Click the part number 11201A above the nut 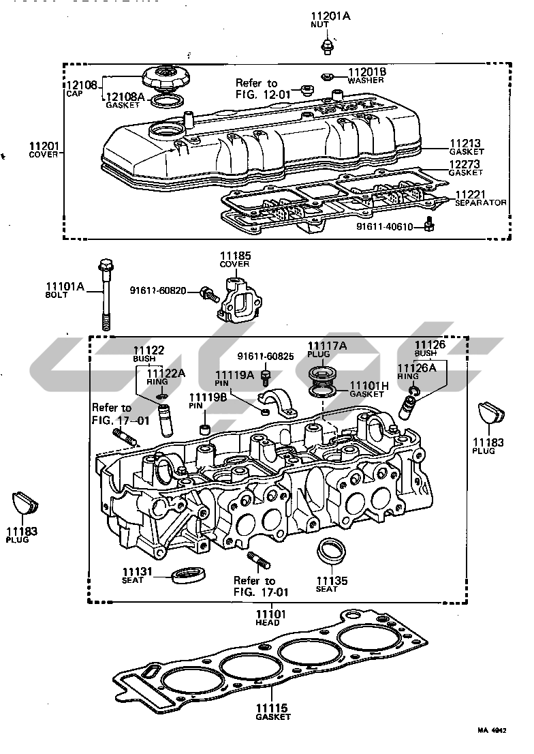tap(330, 16)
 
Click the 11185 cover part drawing tap(236, 299)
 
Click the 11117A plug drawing tap(320, 376)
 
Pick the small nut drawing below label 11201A tap(326, 46)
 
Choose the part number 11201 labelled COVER tap(44, 146)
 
